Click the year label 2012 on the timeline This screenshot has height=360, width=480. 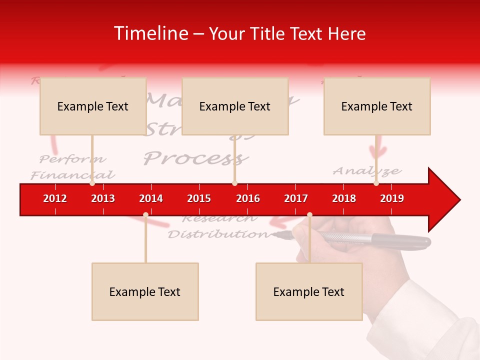pos(55,198)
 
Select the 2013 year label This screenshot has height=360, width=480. pos(103,198)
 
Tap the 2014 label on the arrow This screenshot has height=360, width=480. pos(151,198)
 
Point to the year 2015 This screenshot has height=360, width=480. pos(199,198)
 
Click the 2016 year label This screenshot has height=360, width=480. pos(248,198)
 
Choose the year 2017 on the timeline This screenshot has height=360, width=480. pos(296,198)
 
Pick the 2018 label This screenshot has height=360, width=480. pos(344,198)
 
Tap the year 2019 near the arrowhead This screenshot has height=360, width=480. pos(392,198)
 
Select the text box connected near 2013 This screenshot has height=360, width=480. pos(93,106)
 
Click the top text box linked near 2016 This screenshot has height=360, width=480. pos(235,106)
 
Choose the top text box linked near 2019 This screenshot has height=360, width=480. pos(377,106)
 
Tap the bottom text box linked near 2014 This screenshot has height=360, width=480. pos(145,291)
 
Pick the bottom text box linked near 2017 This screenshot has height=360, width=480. pos(309,291)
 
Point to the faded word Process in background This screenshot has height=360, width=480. pos(196,158)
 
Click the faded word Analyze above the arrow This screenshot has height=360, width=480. pos(367,171)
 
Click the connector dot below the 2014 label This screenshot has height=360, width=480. pos(145,214)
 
